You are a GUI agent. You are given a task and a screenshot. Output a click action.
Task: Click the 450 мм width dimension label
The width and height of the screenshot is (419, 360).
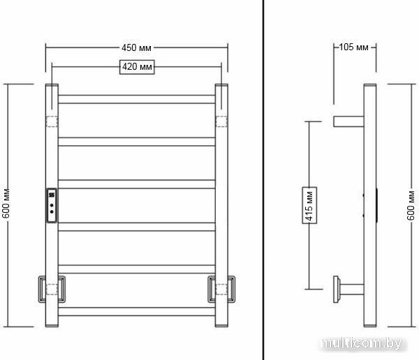[x=136, y=48]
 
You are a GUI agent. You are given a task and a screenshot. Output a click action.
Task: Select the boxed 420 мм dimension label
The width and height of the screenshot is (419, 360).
[x=137, y=67]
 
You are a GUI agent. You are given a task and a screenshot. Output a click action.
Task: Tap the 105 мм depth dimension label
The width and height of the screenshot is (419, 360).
[x=353, y=47]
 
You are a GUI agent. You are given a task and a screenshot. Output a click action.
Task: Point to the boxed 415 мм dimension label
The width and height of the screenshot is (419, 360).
[x=309, y=205]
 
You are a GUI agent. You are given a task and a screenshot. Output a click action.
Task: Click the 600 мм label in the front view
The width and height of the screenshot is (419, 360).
[x=6, y=203]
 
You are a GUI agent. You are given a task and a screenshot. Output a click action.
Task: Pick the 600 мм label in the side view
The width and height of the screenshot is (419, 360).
[x=411, y=205]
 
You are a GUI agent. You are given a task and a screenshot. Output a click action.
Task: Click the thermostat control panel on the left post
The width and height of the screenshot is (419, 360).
[x=52, y=205]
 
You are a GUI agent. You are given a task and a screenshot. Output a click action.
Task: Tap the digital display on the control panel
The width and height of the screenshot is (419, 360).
[x=52, y=195]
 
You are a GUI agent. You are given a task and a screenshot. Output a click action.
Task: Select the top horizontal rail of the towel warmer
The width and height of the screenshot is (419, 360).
[x=137, y=99]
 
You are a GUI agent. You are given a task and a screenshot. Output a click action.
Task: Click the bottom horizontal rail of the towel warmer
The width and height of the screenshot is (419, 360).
[x=137, y=312]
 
